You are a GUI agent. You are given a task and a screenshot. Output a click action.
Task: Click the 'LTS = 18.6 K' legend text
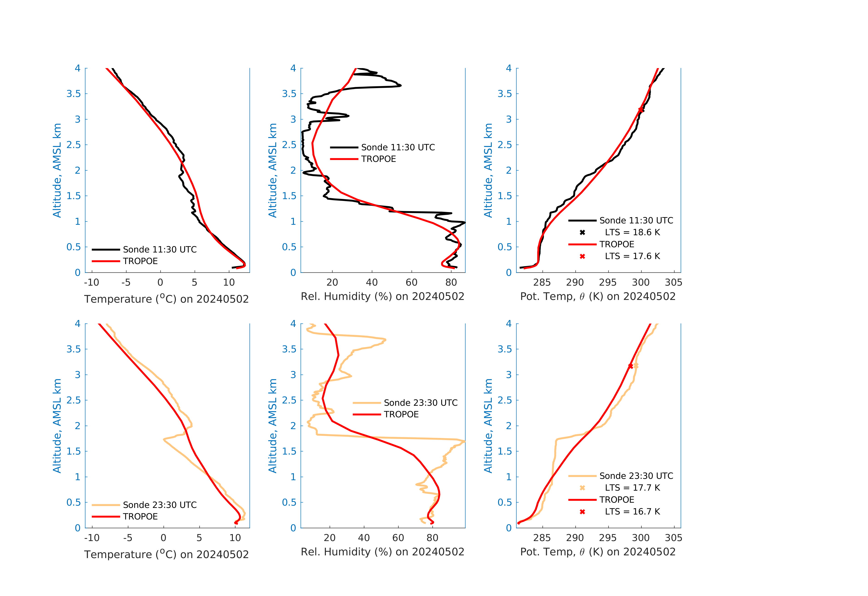632,232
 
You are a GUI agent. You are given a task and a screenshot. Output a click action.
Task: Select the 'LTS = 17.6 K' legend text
632,256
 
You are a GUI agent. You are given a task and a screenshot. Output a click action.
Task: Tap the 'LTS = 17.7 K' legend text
632,488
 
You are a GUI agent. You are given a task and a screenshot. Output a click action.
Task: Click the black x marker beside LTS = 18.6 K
582,232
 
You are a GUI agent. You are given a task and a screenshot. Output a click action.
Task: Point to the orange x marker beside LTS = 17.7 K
582,488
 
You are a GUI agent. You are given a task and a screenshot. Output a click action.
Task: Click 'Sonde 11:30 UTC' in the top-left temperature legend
160,250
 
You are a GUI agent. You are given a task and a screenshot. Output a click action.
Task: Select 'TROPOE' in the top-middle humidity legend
378,159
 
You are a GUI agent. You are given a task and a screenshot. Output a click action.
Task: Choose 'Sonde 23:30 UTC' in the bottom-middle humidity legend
420,403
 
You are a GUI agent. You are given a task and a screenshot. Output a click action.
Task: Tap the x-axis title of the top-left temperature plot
166,299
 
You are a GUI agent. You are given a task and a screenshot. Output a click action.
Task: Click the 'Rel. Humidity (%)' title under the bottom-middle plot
382,552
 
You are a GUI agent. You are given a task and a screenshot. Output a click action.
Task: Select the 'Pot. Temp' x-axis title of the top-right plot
598,297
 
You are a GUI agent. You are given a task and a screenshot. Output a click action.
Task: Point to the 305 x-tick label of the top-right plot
674,282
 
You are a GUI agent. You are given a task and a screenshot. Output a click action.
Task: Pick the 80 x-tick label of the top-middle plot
451,282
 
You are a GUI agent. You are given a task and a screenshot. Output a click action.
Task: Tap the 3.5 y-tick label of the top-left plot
74,94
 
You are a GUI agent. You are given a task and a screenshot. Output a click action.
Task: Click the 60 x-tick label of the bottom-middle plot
398,538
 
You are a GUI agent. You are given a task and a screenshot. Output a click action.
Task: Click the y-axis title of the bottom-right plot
488,426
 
